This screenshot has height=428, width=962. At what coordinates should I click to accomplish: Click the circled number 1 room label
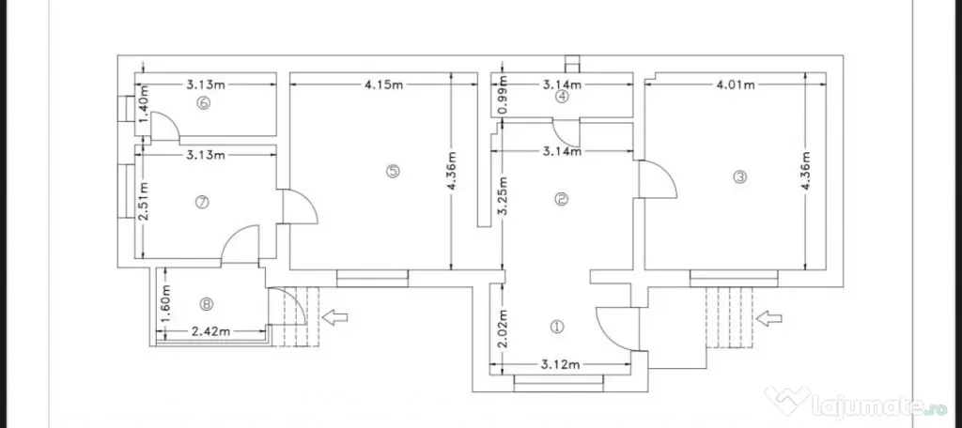pos(557,327)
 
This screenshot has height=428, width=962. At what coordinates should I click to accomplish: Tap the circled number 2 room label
pos(560,199)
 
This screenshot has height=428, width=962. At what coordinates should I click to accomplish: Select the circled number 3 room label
pos(740,177)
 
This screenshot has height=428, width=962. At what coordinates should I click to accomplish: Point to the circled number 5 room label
pos(393,171)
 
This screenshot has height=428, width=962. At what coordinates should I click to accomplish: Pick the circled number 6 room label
pos(204,103)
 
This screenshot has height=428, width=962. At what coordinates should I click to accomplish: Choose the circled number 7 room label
pos(203,201)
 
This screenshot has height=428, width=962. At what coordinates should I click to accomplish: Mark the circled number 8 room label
pos(207,303)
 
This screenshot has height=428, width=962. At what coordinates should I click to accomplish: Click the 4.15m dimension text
pos(383,84)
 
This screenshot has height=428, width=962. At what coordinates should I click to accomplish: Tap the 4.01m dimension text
pos(736,84)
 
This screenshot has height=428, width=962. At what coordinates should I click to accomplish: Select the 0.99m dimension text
pos(504,94)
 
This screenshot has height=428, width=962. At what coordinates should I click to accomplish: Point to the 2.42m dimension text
pos(211,331)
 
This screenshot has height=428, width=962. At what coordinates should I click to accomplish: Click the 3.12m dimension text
pos(560,365)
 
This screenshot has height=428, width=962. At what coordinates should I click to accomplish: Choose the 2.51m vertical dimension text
pos(143,202)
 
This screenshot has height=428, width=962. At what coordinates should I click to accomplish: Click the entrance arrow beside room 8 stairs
pos(335,317)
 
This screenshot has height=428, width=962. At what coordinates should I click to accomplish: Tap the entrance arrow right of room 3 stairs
pos(769,317)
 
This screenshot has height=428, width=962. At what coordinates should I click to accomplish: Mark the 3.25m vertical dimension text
pos(504,196)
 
